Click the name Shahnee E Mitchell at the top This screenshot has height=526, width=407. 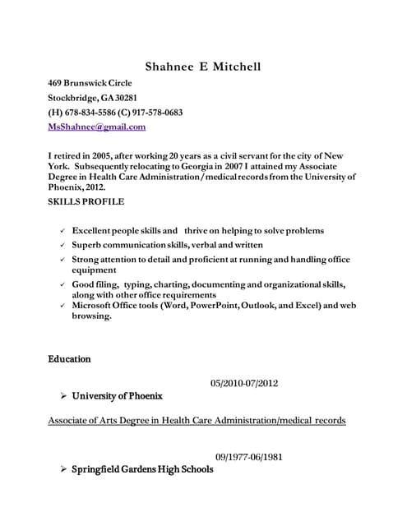pos(202,67)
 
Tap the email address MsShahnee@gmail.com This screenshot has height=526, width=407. pos(97,127)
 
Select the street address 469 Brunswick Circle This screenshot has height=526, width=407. pos(90,83)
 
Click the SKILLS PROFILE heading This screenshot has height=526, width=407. pos(86,201)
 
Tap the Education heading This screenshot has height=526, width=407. pos(69,359)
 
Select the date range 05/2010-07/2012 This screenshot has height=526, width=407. pos(244,383)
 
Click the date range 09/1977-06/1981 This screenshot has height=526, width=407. pos(249,456)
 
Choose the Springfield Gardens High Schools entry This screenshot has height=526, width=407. pos(142,469)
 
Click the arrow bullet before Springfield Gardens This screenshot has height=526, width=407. pos(63,469)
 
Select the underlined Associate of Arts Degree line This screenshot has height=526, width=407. pos(197,420)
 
